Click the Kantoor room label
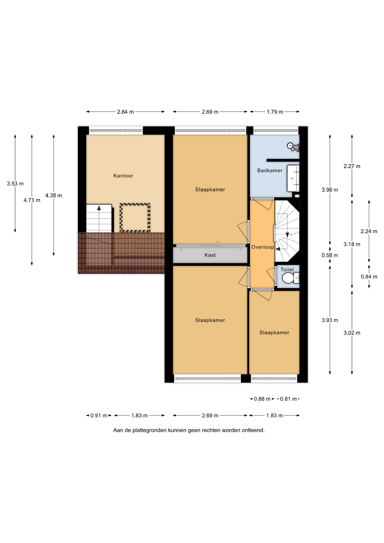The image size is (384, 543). point(123,176)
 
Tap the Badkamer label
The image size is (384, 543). point(270,171)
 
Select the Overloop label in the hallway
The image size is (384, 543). point(263,247)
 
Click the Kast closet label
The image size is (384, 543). point(210,255)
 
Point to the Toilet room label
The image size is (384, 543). point(287,270)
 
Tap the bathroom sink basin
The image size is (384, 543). point(293,178)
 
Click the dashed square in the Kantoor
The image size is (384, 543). point(135,217)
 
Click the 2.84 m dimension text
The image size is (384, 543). point(125,112)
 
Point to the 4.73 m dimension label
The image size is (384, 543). point(32,200)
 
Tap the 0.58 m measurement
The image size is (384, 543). point(330,255)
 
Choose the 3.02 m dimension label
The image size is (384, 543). point(352,333)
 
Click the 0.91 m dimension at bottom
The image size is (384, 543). point(99,415)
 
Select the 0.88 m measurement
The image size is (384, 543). point(262,399)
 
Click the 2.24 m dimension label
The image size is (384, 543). point(369,231)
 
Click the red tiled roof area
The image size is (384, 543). point(121,253)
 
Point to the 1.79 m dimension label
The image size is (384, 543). point(275,112)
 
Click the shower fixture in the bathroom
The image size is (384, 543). point(294,146)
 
